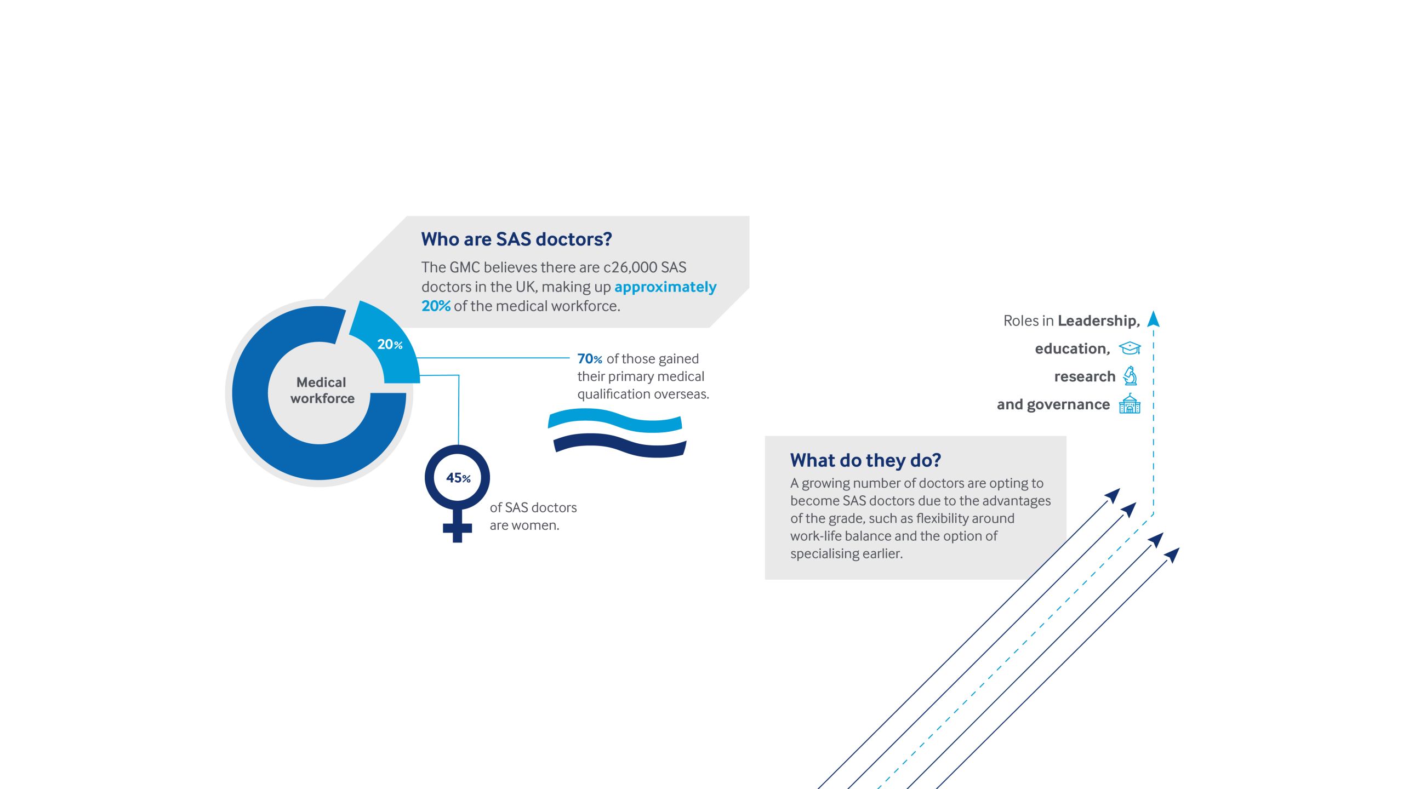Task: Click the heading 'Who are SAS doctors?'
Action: (516, 239)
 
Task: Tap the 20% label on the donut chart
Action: (390, 345)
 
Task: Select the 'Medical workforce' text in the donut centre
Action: (322, 390)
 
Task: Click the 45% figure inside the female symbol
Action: (458, 478)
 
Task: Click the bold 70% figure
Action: (590, 359)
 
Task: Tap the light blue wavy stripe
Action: (615, 420)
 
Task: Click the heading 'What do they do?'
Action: (865, 460)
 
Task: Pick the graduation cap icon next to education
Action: (1130, 348)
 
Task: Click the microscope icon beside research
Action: (1130, 376)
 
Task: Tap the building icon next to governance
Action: (1130, 404)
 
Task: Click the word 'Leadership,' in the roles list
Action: (1099, 321)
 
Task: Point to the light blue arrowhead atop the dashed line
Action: (1153, 319)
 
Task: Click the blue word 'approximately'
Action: (665, 288)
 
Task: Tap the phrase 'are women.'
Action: (524, 525)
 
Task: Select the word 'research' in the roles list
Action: (1085, 377)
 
